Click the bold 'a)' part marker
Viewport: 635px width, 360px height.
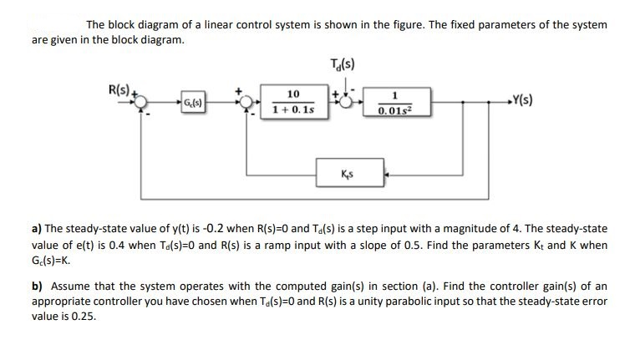pos(37,228)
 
